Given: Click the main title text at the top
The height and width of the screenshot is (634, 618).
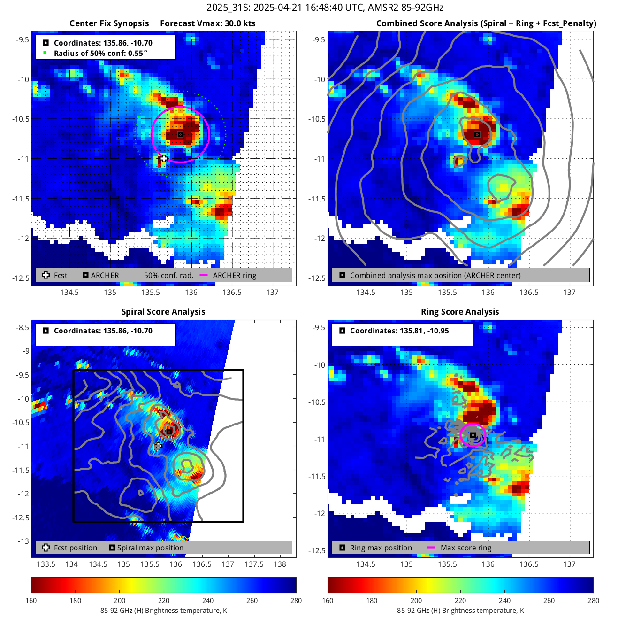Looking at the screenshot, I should click(325, 8).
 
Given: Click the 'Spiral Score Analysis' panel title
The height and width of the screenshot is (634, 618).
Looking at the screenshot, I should click(163, 312).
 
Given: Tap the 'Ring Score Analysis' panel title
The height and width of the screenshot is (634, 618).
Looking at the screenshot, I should click(460, 312).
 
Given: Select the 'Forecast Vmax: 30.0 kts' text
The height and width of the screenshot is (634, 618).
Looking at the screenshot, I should click(208, 23).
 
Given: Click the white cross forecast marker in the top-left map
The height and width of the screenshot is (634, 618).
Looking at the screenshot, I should click(163, 158).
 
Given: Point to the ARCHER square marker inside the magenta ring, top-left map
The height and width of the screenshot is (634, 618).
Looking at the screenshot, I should click(180, 134).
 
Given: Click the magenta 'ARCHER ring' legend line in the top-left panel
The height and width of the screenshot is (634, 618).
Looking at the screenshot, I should click(204, 275).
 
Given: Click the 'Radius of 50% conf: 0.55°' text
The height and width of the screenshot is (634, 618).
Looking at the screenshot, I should click(100, 53).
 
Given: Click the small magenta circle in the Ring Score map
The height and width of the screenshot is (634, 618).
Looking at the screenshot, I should click(473, 435).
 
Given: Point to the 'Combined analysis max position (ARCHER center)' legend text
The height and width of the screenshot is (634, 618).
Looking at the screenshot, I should click(435, 275).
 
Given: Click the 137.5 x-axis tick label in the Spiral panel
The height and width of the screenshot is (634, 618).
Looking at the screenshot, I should click(254, 564).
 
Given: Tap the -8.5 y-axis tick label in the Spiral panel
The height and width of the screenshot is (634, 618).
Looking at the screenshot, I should click(23, 327).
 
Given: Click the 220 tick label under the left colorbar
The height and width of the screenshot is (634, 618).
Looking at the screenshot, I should click(164, 600).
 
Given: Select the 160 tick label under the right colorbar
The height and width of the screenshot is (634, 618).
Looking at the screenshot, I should click(328, 600).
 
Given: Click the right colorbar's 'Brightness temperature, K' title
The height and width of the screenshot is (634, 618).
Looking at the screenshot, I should click(460, 611).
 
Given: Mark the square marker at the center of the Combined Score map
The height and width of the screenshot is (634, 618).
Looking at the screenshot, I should click(477, 134).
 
